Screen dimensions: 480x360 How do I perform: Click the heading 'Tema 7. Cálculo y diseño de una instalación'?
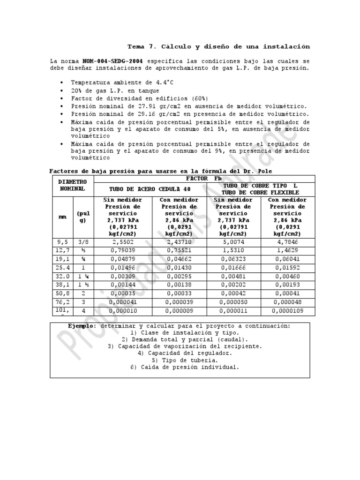point(219,47)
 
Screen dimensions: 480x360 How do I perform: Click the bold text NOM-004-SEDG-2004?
point(112,61)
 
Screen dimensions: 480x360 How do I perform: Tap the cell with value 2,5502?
point(123,242)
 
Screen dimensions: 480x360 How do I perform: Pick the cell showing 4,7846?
point(287,242)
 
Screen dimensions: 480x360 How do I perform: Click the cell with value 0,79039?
point(123,250)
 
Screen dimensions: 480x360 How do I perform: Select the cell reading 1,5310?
point(233,250)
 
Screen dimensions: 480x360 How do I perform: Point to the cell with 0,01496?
point(123,268)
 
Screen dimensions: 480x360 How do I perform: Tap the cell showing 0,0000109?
point(287,311)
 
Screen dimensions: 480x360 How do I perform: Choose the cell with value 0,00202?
point(233,285)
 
